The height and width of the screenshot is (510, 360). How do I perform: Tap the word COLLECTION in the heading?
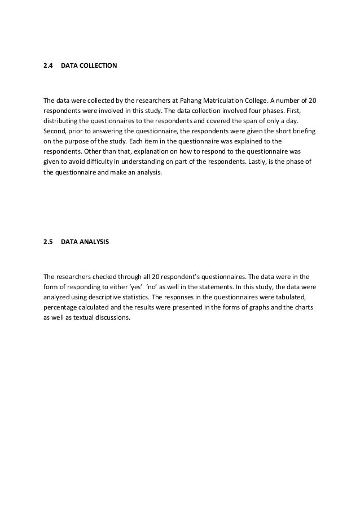click(98, 66)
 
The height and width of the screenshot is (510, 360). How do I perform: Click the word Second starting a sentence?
click(55, 132)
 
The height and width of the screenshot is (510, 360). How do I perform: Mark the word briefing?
click(302, 132)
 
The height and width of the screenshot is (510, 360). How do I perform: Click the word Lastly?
click(252, 162)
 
